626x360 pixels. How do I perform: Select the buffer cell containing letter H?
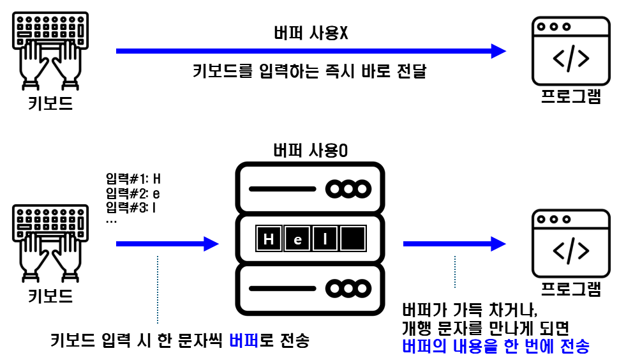coord(269,239)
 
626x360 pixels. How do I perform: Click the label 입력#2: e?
coord(133,193)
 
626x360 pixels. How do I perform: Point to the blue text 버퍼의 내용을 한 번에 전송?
coord(495,347)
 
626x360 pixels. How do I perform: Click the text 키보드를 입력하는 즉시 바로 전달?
coord(309,71)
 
